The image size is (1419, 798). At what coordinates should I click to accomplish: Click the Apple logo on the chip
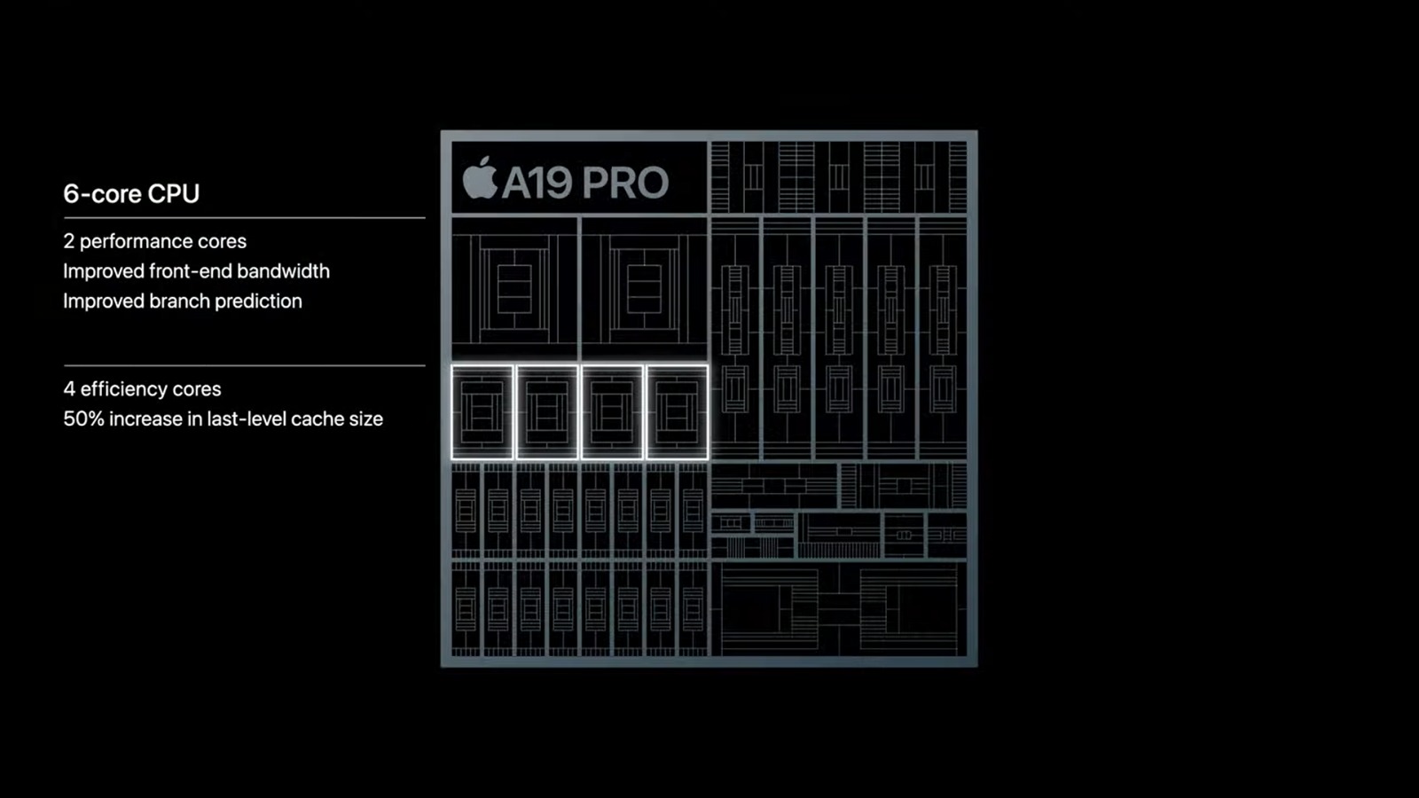pos(480,179)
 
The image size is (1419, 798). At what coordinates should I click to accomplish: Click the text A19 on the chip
pos(537,183)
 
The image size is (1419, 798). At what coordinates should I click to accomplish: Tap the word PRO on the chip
pos(626,183)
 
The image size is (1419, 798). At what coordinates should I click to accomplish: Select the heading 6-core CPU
pos(131,193)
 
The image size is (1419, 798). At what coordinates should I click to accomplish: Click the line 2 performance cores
pos(154,241)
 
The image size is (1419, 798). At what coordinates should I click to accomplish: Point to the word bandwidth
pos(284,271)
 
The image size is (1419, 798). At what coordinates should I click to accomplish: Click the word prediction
pos(258,301)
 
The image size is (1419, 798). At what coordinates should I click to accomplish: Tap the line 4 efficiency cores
pos(142,389)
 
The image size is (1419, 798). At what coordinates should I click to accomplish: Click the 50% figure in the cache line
pos(83,419)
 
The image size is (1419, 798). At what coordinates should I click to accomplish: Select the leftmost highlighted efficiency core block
pos(482,412)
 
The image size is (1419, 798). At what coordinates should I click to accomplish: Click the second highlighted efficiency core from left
pos(547,412)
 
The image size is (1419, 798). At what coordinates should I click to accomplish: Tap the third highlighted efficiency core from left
pos(612,412)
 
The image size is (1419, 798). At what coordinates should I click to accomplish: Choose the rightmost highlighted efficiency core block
pos(677,412)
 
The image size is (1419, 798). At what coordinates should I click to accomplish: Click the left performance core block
pos(514,288)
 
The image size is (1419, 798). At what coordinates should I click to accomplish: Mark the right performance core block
pos(644,288)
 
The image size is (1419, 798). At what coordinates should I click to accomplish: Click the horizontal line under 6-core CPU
pos(244,217)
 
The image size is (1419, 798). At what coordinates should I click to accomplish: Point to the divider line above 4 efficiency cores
pos(244,365)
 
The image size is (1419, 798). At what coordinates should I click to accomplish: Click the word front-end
pos(192,271)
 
